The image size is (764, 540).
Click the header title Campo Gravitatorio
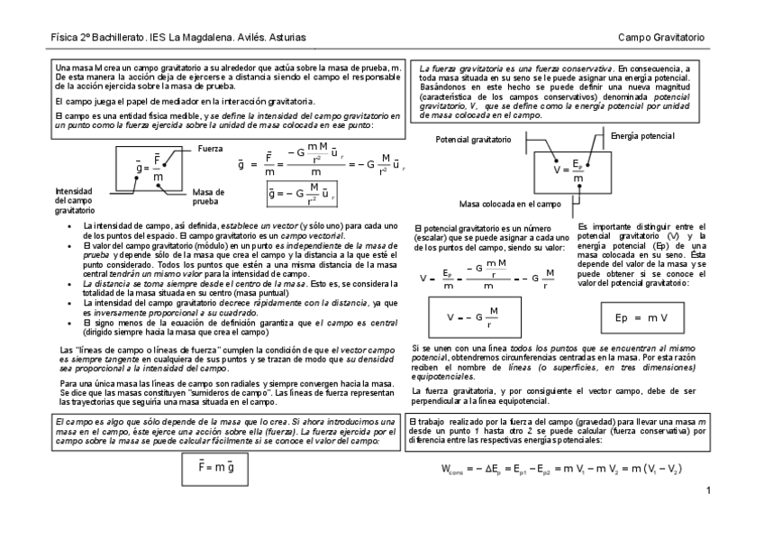coord(661,37)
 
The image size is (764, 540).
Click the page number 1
coord(709,490)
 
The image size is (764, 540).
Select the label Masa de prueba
coord(207,197)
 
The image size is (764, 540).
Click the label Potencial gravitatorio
coord(474,141)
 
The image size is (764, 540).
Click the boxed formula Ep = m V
coord(641,317)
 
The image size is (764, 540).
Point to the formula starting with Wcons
coord(561,470)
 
